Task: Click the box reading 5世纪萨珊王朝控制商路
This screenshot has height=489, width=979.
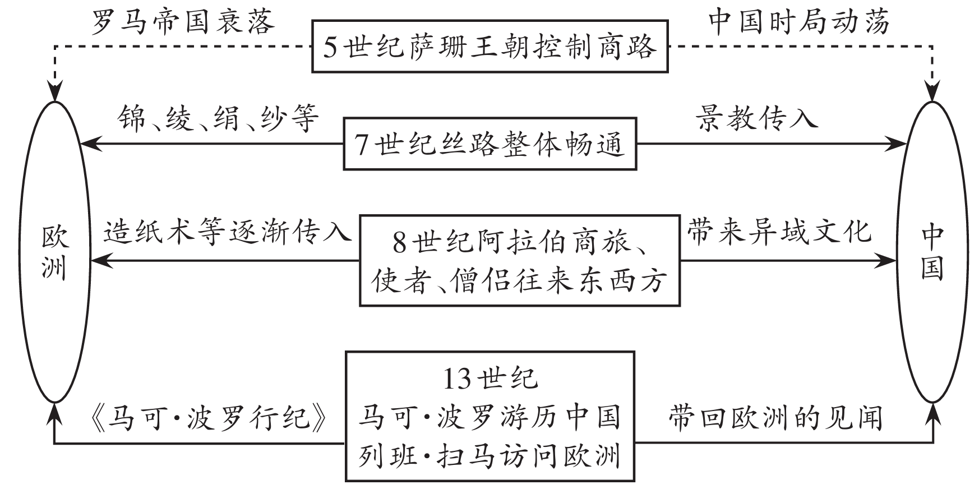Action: coord(489,47)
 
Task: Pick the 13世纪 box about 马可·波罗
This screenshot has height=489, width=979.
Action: coord(489,416)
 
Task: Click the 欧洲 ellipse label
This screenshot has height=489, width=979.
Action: coord(55,252)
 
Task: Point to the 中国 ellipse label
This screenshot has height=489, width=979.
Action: coord(932,252)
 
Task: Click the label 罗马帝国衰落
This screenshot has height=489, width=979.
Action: coord(183,22)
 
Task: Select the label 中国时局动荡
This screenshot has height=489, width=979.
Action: coord(798,22)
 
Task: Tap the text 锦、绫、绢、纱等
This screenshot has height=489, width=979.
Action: coord(218,119)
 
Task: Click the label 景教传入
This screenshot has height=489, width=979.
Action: coord(757,119)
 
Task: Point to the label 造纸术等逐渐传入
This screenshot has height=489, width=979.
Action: coord(227,232)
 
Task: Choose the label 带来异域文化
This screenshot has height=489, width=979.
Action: coord(779,232)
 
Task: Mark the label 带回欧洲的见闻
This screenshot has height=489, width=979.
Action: coord(775,418)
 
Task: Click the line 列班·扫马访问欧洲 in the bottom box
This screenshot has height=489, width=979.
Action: coord(489,455)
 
